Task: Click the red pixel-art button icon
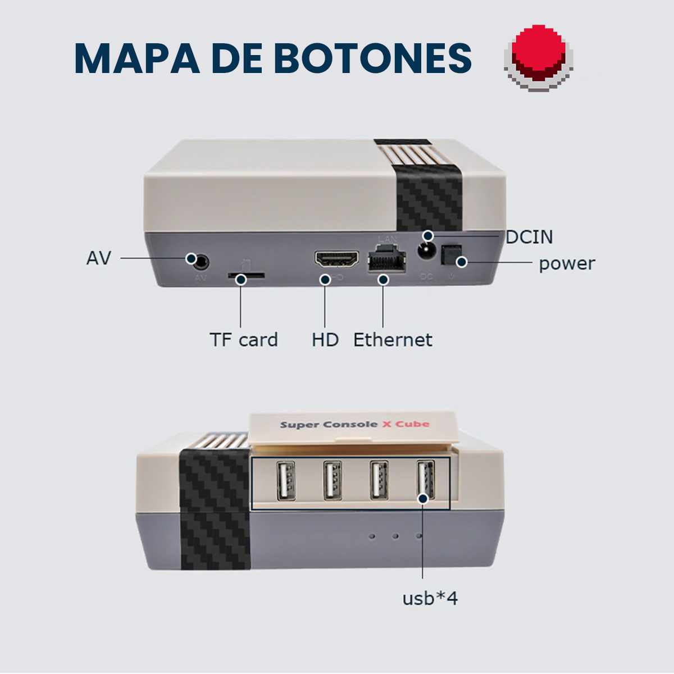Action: coord(538,58)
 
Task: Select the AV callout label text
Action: coord(99,258)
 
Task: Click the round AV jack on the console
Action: coord(201,262)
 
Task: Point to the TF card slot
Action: coord(246,275)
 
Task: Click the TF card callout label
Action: coord(244,340)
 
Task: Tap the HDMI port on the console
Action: coord(337,259)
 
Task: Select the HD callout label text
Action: coord(325,340)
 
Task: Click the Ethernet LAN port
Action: coord(387,259)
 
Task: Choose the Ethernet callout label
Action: coord(393,340)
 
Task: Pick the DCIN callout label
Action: coord(529,237)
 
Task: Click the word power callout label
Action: coord(567,264)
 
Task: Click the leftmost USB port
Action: coord(286,481)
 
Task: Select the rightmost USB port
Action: coord(426,479)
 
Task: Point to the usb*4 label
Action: coord(430,598)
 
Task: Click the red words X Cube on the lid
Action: coord(406,424)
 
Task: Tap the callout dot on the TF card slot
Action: coord(240,280)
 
